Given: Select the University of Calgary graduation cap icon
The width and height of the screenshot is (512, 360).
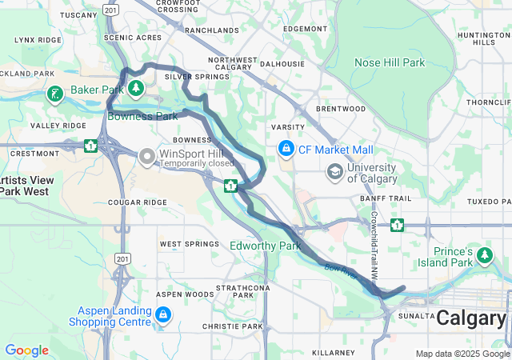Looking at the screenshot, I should [x=334, y=171].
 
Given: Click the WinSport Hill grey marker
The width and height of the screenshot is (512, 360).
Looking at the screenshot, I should [x=147, y=157].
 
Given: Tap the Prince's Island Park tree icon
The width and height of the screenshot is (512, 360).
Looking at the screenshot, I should [x=485, y=256].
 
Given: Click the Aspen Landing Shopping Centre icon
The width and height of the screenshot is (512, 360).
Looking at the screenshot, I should [x=163, y=315].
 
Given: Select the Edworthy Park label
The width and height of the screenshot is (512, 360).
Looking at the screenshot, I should [x=265, y=246].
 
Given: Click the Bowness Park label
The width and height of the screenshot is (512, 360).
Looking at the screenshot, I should [x=142, y=116].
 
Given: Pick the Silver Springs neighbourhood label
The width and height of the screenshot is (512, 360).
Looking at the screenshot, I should [x=197, y=77].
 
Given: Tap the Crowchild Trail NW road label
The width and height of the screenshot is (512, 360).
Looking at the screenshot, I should [x=374, y=245].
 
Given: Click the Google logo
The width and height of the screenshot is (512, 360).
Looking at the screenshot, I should [x=26, y=350].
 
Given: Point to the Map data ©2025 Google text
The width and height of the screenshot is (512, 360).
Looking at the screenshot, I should [x=462, y=354].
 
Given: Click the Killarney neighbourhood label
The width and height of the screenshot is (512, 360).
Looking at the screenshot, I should [x=333, y=353].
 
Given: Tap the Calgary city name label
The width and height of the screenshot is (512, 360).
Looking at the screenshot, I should [x=471, y=317].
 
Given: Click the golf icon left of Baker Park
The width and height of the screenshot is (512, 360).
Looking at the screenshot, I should [x=54, y=94].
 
